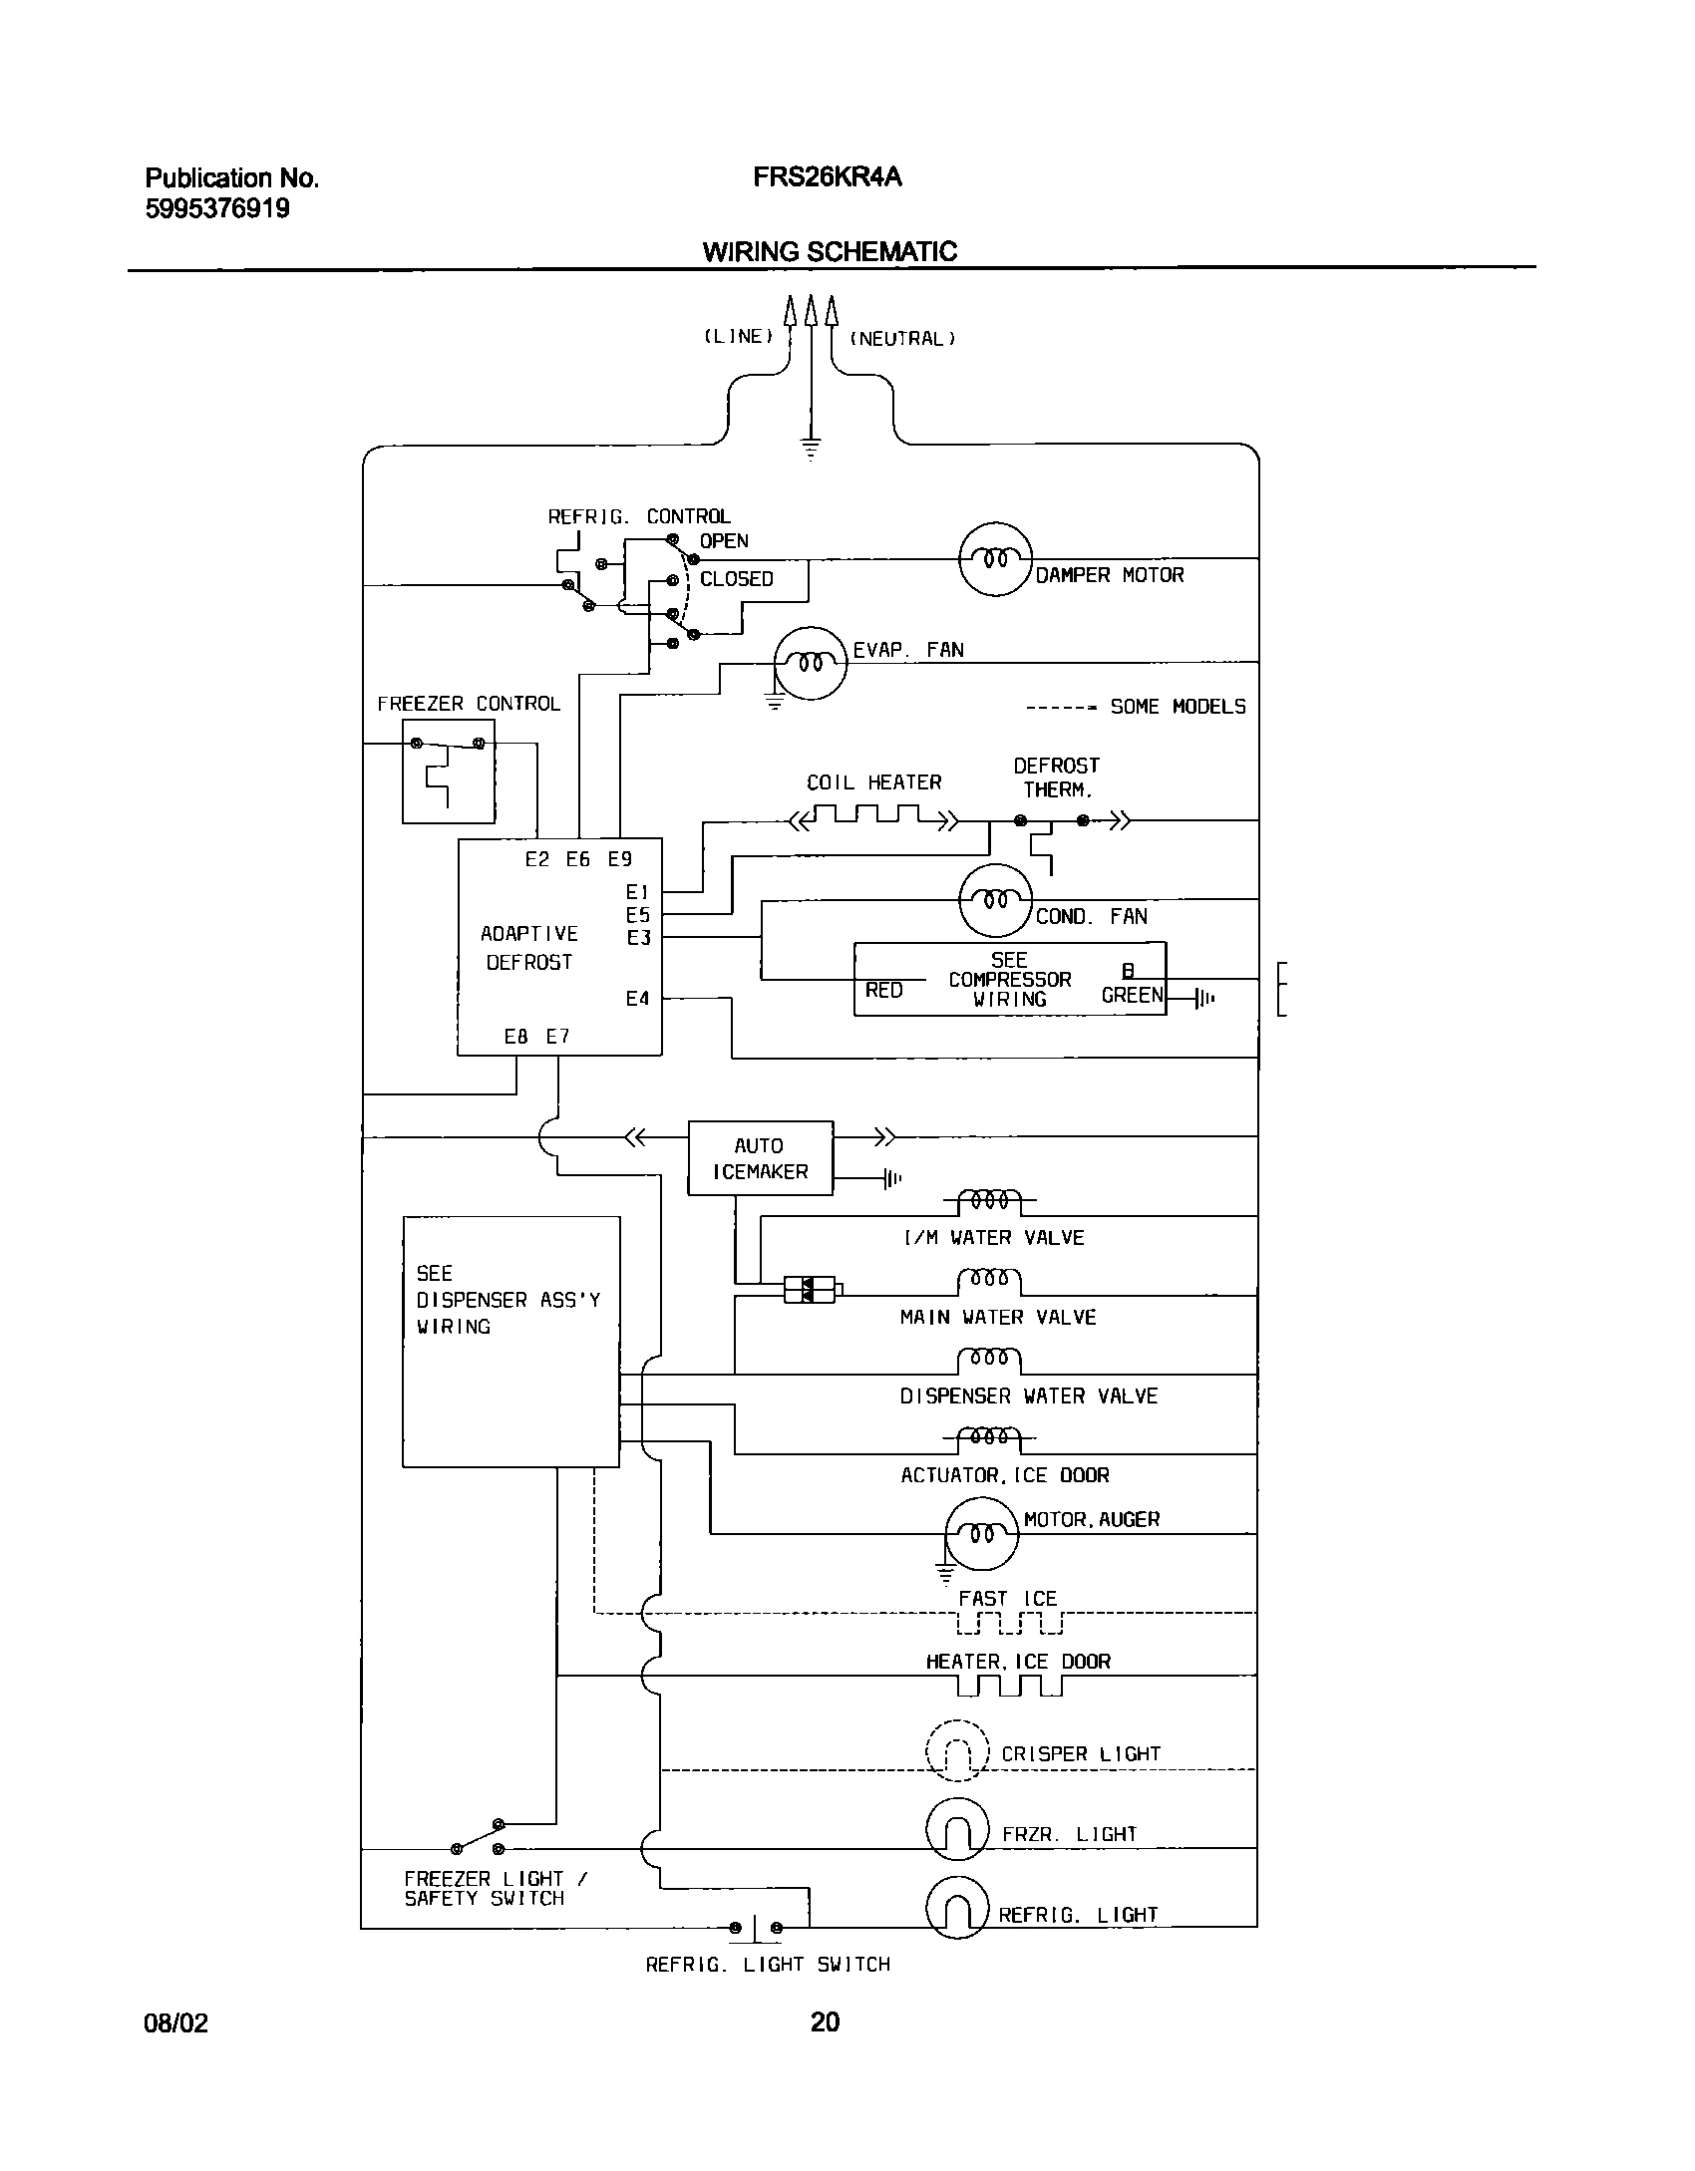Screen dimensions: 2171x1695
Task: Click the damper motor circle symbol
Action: click(995, 559)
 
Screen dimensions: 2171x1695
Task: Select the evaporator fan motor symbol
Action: click(811, 663)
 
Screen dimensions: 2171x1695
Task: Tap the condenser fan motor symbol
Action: click(995, 900)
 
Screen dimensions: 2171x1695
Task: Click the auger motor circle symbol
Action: click(982, 1534)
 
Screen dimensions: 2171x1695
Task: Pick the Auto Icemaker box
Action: click(760, 1158)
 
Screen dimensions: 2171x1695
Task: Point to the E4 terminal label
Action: click(637, 999)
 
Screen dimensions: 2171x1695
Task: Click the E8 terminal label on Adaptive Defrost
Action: click(515, 1037)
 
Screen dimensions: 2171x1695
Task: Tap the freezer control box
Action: click(448, 772)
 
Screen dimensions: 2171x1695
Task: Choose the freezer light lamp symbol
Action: click(957, 1828)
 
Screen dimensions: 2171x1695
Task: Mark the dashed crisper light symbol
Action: click(957, 1750)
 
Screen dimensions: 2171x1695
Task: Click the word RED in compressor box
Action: click(883, 991)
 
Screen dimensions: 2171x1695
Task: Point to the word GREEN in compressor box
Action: click(1132, 995)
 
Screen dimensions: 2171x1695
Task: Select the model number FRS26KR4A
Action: click(827, 177)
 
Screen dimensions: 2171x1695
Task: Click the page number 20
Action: click(825, 2022)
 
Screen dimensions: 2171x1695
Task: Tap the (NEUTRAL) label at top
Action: click(902, 339)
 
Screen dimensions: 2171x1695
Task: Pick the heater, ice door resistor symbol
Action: click(1009, 1686)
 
